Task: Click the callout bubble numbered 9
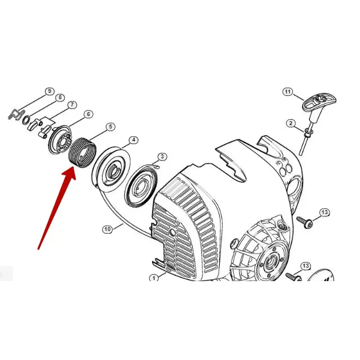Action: point(50,91)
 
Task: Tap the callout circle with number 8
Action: point(60,97)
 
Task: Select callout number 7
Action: point(72,105)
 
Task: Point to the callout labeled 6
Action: point(88,114)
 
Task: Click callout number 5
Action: point(110,127)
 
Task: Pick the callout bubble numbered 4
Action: point(134,140)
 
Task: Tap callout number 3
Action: point(162,157)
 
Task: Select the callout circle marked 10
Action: point(108,229)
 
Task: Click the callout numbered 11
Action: point(288,92)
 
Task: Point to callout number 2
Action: point(291,123)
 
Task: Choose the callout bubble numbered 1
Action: point(154,277)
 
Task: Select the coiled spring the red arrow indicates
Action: point(82,153)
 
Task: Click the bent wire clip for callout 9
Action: point(16,114)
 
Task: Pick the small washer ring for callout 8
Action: point(26,120)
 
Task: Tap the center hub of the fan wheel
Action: point(271,261)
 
